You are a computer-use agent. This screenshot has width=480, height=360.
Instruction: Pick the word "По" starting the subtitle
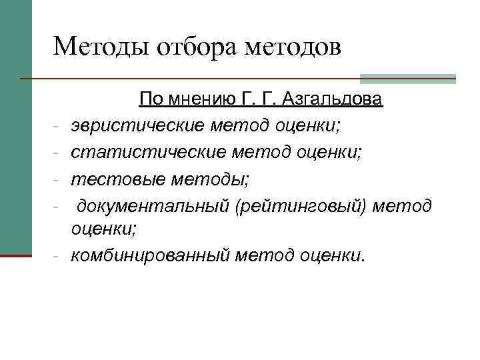tap(150, 101)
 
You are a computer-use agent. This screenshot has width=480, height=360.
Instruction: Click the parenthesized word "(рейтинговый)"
tap(301, 207)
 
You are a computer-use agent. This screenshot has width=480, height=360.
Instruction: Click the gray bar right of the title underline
tap(407, 78)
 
